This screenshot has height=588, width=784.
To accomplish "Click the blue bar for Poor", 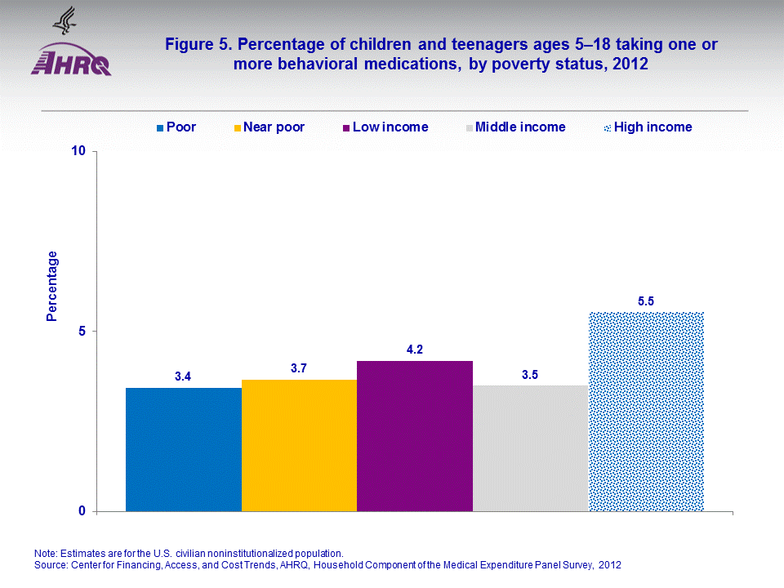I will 183,449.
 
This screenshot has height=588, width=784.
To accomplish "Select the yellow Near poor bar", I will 299,445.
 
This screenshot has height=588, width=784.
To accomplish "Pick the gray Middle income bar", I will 531,448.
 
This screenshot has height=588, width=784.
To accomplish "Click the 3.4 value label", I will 183,377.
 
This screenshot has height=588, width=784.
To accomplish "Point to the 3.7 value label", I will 299,369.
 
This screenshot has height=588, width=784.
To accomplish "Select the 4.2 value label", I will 415,350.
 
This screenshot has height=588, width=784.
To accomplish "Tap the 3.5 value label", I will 531,375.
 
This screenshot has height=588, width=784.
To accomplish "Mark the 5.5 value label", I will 646,301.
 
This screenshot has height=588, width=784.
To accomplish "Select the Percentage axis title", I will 52,286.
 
